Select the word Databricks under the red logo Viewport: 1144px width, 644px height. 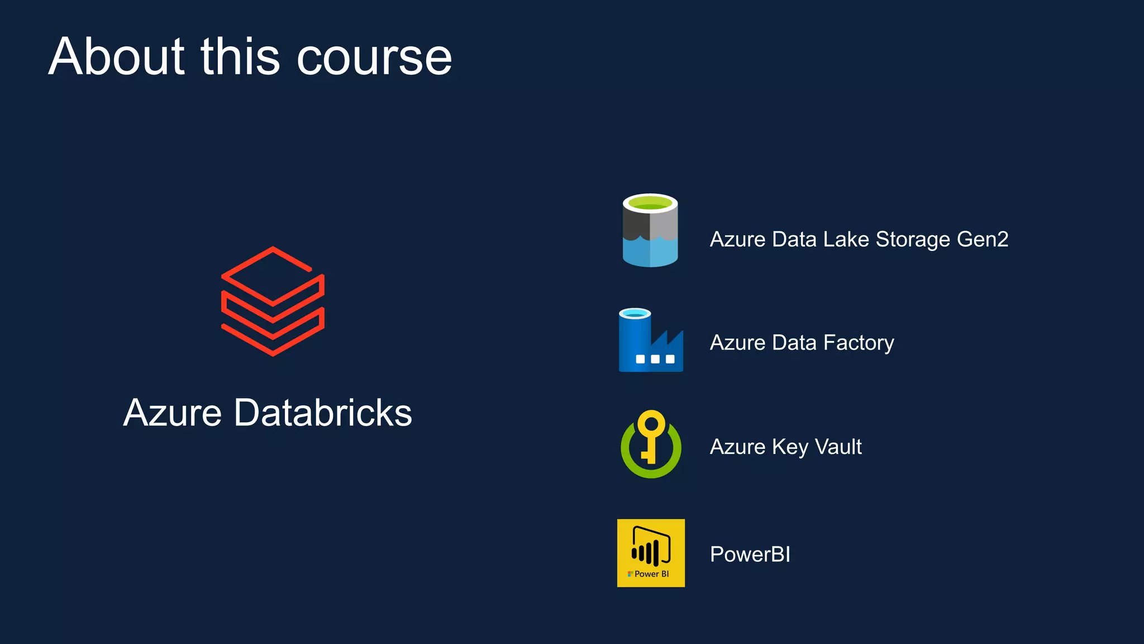323,413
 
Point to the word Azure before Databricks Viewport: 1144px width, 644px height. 173,413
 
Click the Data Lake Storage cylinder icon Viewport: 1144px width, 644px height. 650,230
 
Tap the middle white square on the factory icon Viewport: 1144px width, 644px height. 655,359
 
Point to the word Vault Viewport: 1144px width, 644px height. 838,447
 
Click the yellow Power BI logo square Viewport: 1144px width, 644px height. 651,553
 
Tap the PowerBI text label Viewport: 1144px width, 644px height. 750,555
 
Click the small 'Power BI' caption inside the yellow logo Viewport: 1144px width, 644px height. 651,574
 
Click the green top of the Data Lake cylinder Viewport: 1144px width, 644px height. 650,202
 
